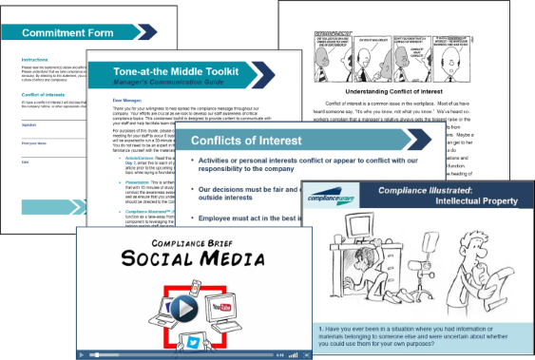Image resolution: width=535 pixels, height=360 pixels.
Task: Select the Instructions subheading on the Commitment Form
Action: pyautogui.click(x=34, y=60)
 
